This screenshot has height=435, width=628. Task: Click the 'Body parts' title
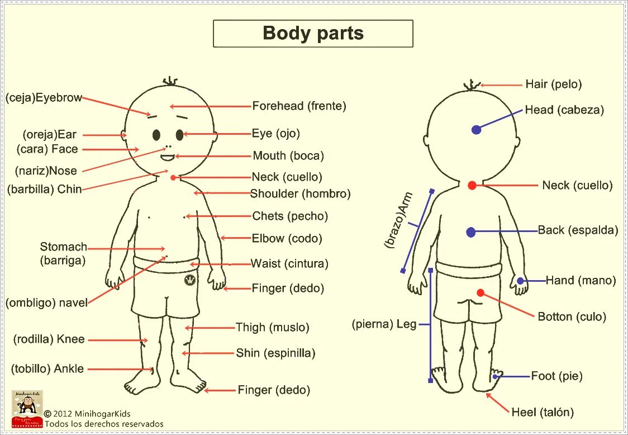(313, 34)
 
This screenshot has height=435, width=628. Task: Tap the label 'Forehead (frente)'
(299, 106)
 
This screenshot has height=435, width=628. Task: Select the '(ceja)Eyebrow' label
(44, 98)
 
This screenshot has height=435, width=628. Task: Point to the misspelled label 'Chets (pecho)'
(290, 216)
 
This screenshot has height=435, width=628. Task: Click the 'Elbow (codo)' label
(287, 239)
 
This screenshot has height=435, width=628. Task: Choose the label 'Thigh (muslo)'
(272, 328)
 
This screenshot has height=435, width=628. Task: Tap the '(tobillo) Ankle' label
(47, 369)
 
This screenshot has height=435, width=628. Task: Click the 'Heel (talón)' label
(543, 413)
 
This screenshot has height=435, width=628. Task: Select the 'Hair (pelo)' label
(553, 84)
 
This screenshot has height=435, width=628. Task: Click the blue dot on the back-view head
(476, 130)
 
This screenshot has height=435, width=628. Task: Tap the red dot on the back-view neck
(472, 185)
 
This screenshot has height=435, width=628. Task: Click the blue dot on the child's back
(470, 232)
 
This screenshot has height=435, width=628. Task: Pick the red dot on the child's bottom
(480, 292)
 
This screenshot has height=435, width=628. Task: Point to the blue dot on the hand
(520, 281)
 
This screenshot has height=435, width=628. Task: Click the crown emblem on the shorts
(189, 280)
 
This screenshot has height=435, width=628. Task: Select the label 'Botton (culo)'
(572, 317)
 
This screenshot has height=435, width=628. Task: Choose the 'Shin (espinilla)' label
(275, 353)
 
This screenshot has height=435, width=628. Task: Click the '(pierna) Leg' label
(384, 324)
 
